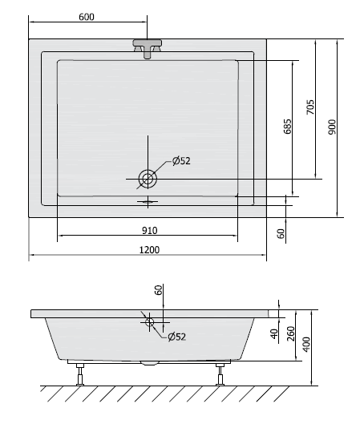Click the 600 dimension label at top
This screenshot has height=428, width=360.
point(87,18)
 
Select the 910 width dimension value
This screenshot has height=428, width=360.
point(149,231)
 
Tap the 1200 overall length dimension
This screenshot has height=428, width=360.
point(149,250)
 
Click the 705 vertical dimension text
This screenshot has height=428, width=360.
point(310,107)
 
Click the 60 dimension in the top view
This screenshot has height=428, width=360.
point(281,233)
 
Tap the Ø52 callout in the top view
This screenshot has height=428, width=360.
point(181,161)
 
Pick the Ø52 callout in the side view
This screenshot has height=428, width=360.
point(177,337)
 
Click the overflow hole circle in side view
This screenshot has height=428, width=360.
point(149,322)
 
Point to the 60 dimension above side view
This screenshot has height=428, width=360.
point(159,290)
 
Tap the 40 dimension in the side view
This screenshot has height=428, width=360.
point(273,333)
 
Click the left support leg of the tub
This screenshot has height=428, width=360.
point(79,373)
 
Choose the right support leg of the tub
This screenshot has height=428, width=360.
point(219,373)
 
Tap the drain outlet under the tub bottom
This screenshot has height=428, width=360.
point(149,362)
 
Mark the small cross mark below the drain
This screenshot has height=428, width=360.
point(148,201)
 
